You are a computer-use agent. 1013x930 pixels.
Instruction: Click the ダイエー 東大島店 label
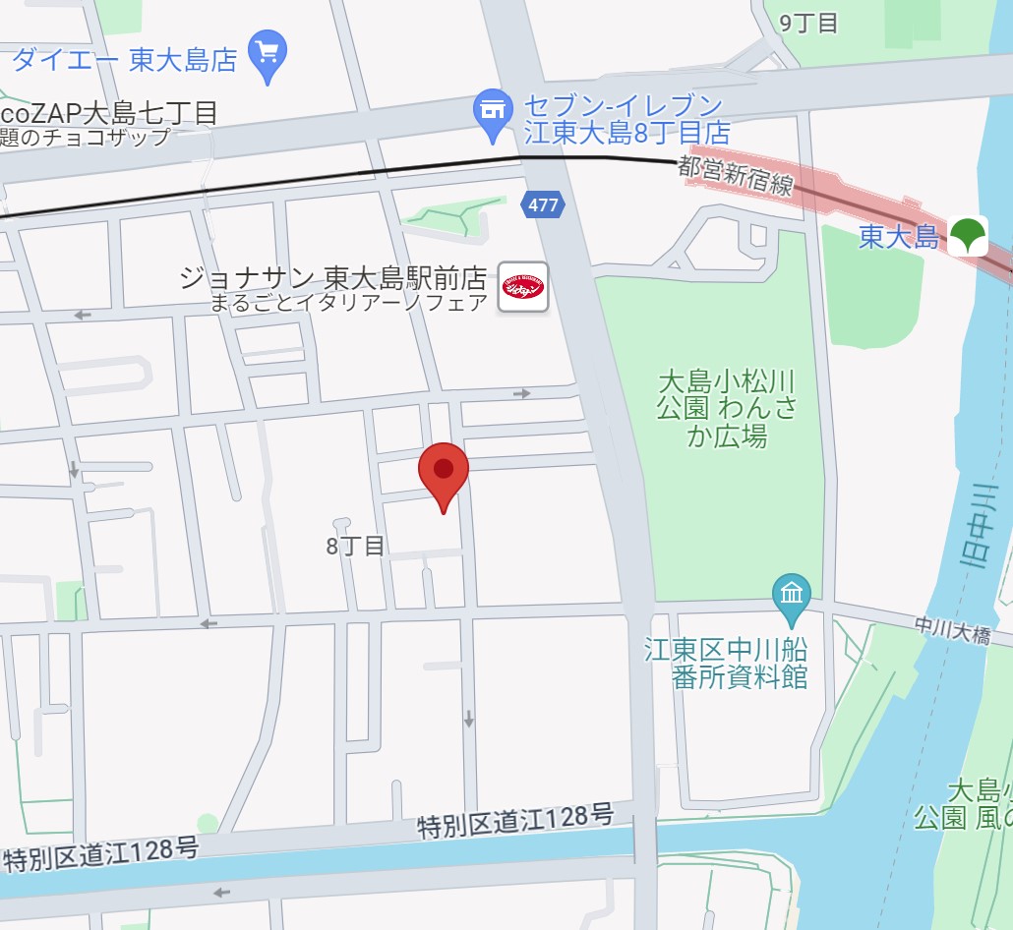click(125, 60)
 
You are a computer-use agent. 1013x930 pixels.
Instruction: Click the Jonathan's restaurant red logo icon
click(523, 287)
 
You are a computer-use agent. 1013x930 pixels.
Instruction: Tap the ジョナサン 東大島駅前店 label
click(334, 277)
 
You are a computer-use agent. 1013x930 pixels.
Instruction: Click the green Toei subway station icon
click(968, 236)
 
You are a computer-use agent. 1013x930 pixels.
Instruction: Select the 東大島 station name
click(898, 237)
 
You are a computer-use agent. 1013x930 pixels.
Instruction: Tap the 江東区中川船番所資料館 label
click(726, 663)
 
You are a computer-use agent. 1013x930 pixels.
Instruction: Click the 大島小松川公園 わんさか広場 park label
click(727, 408)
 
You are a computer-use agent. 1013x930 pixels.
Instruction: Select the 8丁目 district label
click(356, 546)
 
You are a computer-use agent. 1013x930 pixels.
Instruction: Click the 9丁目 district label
click(808, 23)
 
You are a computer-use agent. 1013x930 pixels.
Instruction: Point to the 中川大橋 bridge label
click(951, 630)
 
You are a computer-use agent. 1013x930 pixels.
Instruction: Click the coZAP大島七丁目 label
click(109, 112)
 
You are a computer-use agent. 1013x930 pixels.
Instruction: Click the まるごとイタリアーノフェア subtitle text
click(349, 303)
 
